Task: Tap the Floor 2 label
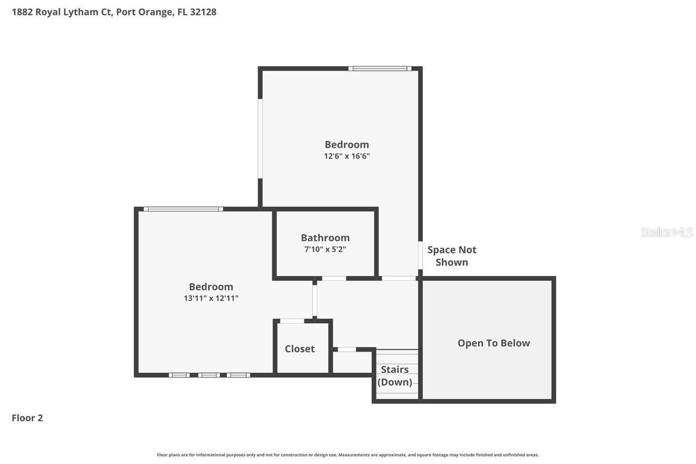27,418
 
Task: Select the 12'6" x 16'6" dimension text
346,156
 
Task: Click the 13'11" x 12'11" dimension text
211,298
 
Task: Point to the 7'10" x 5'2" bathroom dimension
325,249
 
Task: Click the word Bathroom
325,238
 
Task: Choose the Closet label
300,349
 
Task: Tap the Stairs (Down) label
395,376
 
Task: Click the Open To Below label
494,343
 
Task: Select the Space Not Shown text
452,256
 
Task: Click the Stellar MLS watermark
667,232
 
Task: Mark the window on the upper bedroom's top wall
380,68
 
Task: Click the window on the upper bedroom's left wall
260,139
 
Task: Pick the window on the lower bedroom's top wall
183,209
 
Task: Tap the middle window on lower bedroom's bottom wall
209,375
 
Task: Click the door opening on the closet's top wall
292,321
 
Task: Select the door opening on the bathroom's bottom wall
334,278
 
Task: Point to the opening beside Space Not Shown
420,255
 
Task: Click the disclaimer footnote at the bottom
348,455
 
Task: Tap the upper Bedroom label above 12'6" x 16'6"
346,144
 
